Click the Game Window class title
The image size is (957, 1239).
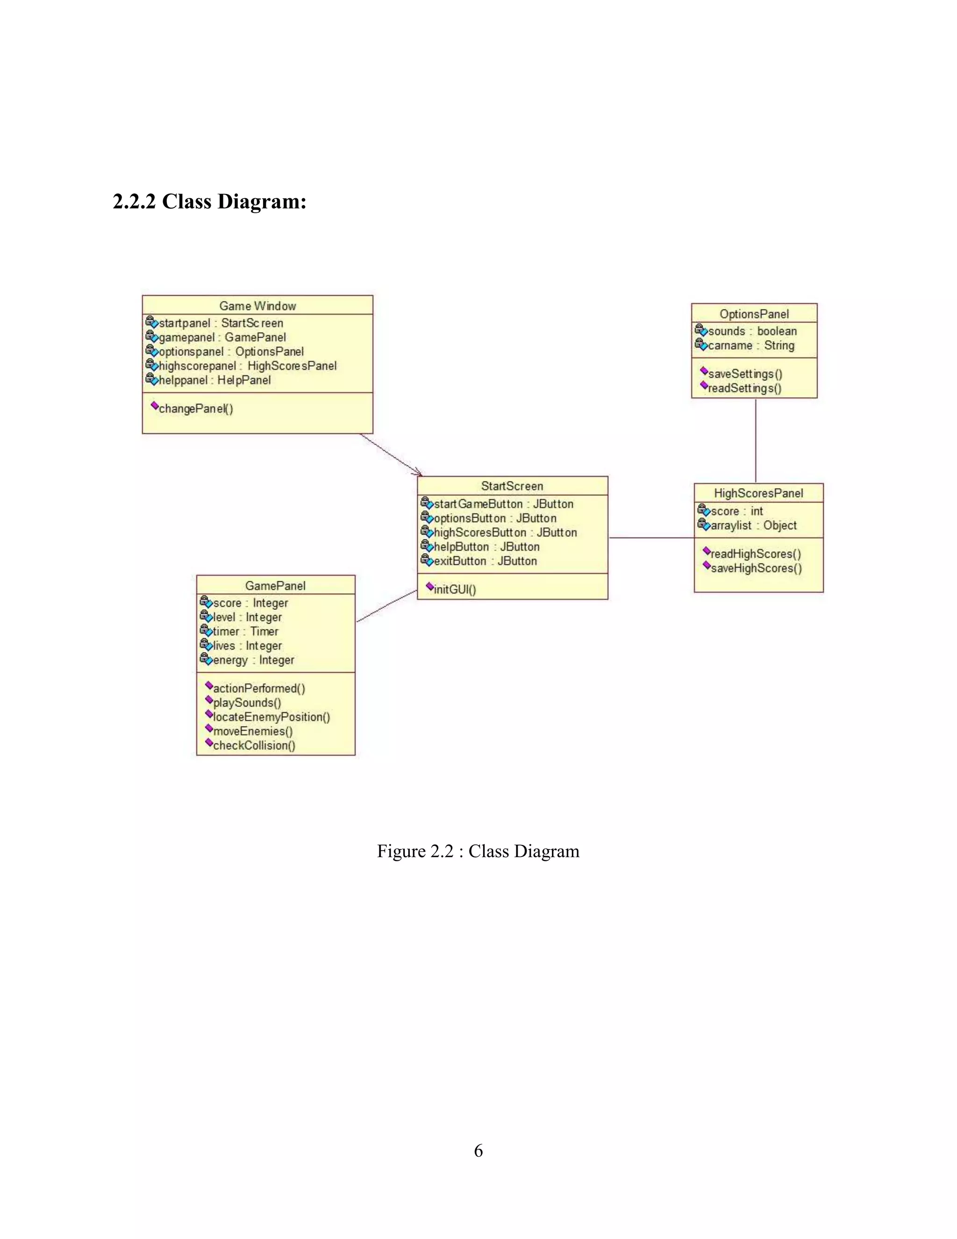(x=257, y=306)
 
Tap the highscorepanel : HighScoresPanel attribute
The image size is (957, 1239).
(x=247, y=366)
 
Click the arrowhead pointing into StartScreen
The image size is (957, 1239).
(x=418, y=473)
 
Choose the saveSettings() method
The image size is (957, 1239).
(x=744, y=374)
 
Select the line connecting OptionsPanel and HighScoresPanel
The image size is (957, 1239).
(x=756, y=440)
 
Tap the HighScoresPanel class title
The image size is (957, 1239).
(x=758, y=493)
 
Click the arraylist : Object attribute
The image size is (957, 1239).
(x=753, y=526)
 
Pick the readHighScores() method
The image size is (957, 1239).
(x=755, y=554)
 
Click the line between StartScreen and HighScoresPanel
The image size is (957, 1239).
(x=651, y=538)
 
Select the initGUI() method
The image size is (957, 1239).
(x=455, y=590)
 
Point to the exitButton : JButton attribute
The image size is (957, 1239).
(x=485, y=561)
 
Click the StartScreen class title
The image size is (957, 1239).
(x=512, y=486)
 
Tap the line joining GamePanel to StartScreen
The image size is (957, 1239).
(x=386, y=606)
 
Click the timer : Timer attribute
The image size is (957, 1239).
(x=245, y=631)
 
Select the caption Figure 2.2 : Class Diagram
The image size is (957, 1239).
(x=478, y=851)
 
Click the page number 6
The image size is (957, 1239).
(x=478, y=1151)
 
